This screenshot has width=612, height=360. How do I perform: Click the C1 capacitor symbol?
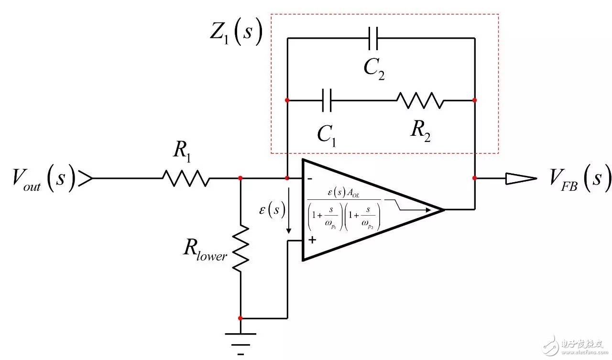point(328,100)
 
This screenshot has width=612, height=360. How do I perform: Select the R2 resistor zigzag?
point(420,100)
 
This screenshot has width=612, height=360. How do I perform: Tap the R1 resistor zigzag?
point(186,178)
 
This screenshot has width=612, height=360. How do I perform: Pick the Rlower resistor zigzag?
point(240,247)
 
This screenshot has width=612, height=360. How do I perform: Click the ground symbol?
point(240,338)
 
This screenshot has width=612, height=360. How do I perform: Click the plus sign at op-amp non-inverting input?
point(312,240)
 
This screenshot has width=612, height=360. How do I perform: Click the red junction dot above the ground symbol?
point(240,317)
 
